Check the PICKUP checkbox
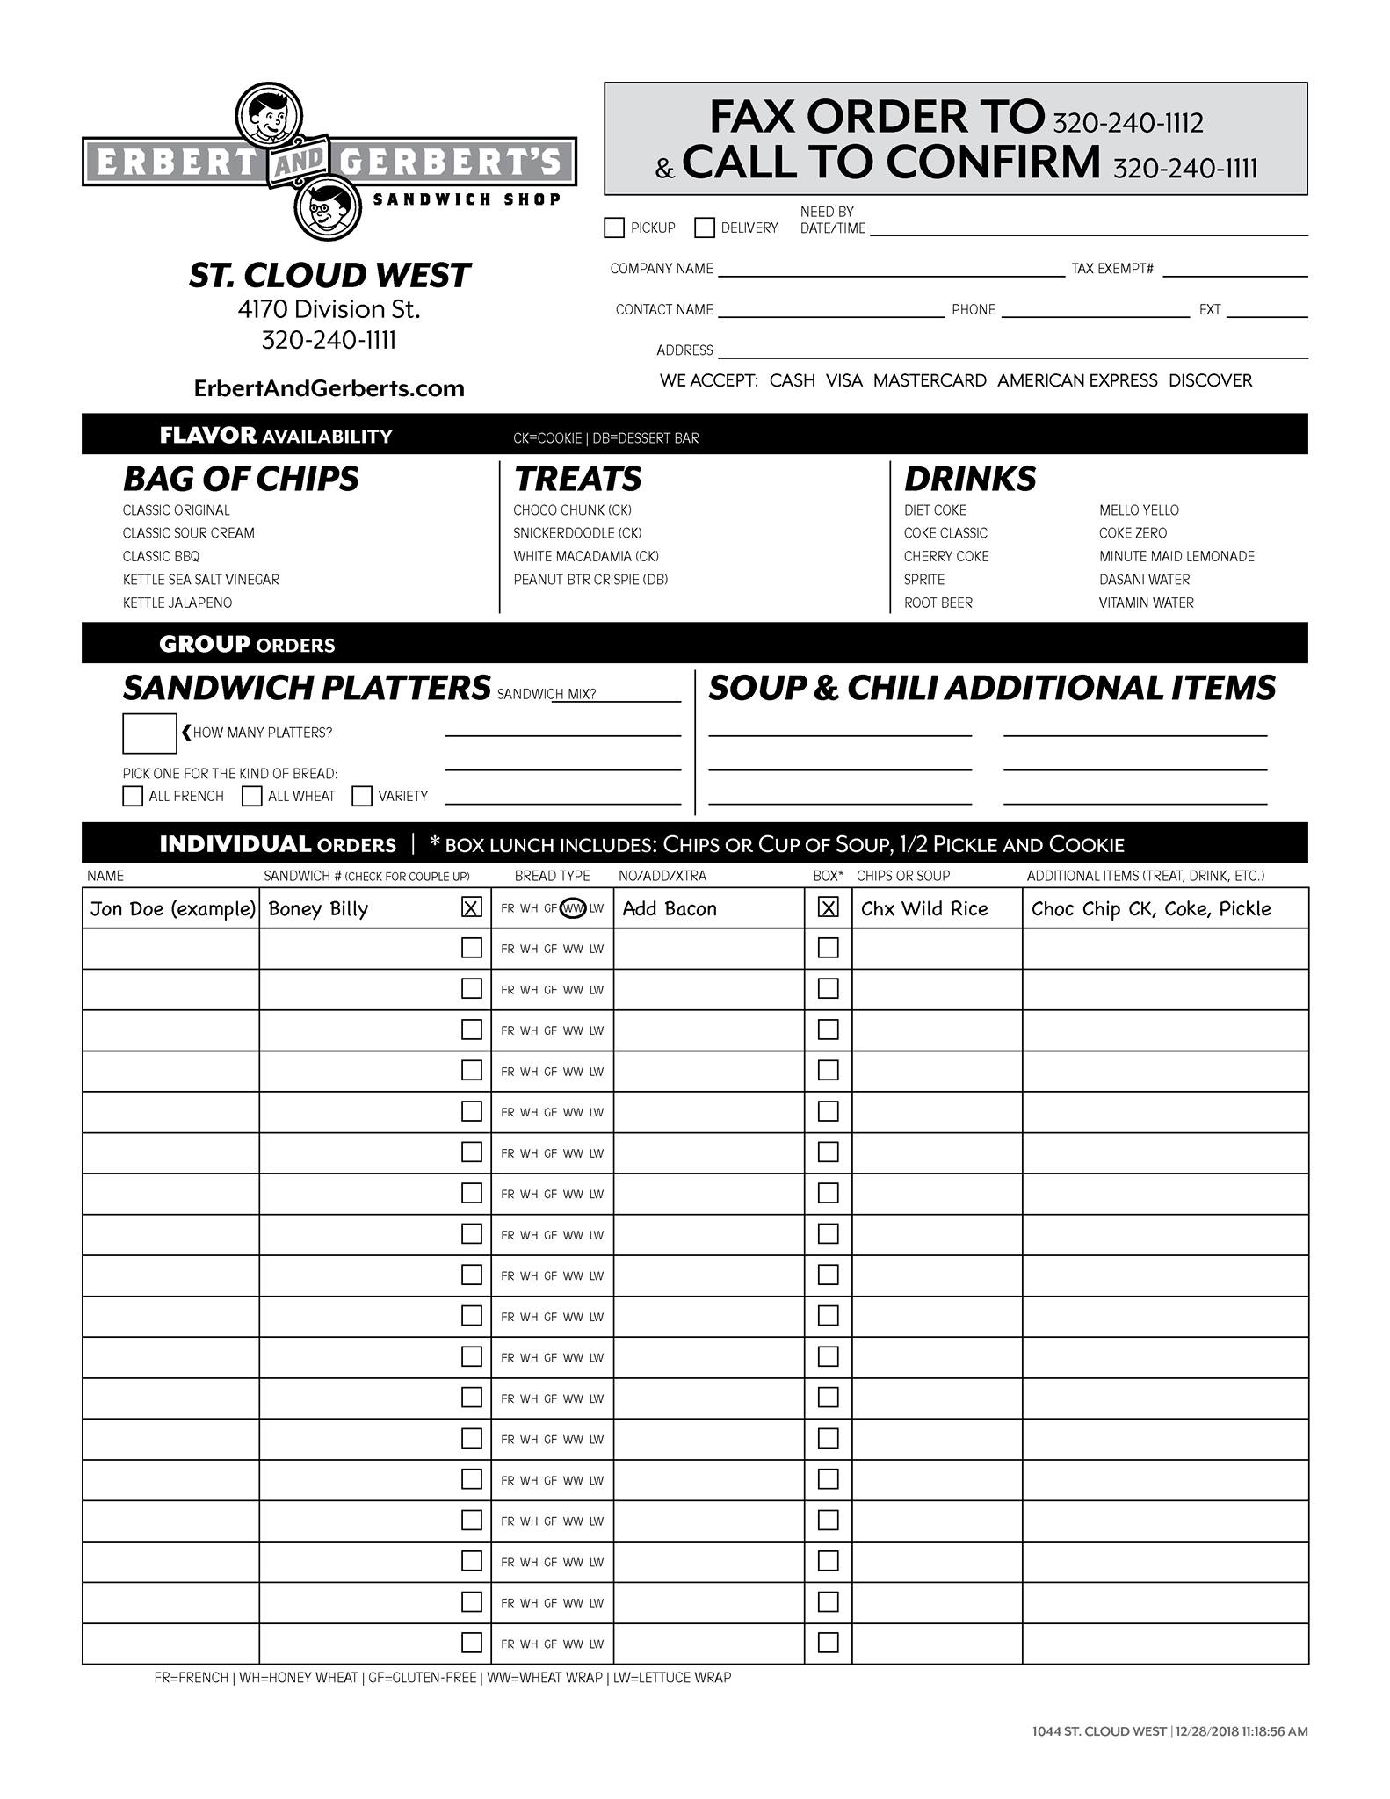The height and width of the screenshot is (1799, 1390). (614, 228)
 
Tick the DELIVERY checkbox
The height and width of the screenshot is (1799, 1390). (705, 228)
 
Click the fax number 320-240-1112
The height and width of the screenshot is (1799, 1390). (1127, 123)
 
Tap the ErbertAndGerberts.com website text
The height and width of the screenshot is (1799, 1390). (329, 388)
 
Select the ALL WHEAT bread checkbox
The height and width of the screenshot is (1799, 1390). (252, 796)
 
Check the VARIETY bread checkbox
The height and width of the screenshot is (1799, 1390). (362, 796)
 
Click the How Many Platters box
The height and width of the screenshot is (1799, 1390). (149, 733)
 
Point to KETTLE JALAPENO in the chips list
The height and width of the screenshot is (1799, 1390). (177, 603)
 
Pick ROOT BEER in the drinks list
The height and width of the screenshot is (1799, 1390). (938, 603)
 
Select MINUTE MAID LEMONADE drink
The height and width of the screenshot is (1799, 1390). (1176, 556)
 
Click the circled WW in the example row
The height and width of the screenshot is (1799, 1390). (574, 908)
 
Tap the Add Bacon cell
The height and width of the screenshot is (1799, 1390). (670, 908)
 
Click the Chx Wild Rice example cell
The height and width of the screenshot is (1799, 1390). (924, 908)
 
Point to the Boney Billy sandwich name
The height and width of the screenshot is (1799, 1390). (318, 908)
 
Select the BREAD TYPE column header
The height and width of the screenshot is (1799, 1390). (552, 876)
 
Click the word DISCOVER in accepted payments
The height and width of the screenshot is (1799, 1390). (1210, 380)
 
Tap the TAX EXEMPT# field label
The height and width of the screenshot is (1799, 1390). (1112, 269)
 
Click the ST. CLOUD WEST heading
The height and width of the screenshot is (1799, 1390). (329, 276)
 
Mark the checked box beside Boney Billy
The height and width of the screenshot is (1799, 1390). (472, 907)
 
